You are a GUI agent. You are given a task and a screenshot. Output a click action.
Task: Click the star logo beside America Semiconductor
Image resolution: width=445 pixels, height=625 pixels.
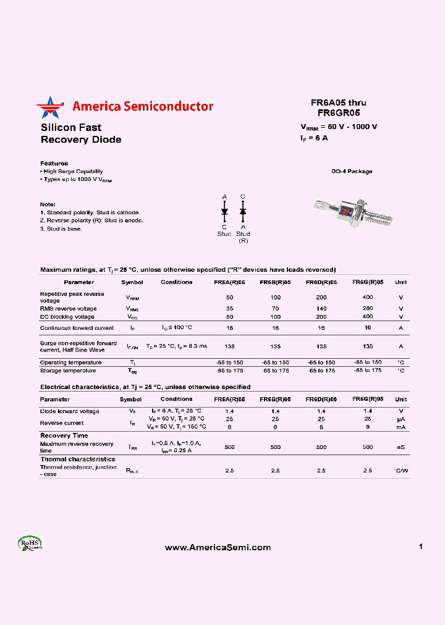(50, 107)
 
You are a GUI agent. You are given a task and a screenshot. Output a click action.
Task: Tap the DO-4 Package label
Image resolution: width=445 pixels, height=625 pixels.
(352, 171)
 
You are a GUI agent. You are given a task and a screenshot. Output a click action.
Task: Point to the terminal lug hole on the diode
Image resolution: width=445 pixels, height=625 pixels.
(318, 202)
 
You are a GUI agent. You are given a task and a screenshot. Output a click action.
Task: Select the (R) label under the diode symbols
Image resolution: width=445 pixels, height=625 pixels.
(243, 240)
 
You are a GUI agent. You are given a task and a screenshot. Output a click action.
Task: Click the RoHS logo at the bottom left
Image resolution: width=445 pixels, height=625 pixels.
(30, 543)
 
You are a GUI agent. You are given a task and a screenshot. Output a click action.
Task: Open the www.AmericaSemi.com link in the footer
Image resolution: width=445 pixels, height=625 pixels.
(218, 547)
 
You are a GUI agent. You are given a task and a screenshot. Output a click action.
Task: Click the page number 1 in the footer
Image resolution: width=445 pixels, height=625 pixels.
(420, 547)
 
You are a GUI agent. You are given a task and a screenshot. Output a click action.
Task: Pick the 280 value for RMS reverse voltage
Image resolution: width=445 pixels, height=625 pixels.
(367, 308)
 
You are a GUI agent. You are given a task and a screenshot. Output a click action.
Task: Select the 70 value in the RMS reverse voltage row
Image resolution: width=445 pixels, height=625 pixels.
(275, 308)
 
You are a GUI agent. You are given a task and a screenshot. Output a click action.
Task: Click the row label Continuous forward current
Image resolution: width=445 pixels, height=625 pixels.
(77, 328)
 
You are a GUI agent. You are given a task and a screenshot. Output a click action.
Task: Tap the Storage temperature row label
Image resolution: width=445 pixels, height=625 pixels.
(68, 371)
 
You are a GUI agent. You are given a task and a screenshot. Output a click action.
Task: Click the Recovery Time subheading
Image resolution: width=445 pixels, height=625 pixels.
(64, 435)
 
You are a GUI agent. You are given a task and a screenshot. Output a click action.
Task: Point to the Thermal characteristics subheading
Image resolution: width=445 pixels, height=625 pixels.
(78, 459)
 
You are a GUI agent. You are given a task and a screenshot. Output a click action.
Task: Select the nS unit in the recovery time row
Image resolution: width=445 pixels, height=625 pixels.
(400, 447)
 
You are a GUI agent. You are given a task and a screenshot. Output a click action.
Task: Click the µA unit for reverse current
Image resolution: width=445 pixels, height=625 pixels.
(400, 419)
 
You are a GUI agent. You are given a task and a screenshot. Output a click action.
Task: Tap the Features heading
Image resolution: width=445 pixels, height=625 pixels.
(54, 163)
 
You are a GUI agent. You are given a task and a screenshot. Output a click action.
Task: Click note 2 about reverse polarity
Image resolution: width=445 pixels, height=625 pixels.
(91, 220)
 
